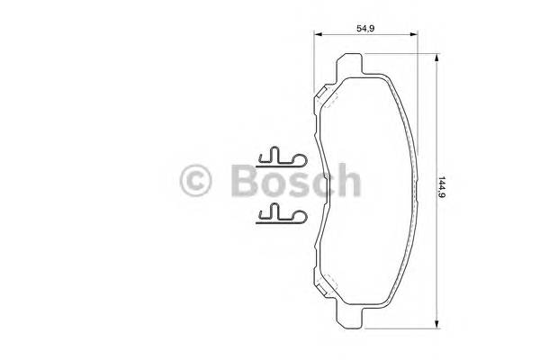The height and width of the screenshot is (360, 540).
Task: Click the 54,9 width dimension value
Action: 365,28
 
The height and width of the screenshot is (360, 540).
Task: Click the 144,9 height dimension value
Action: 442,187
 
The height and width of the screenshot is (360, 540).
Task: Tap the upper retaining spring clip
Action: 282,158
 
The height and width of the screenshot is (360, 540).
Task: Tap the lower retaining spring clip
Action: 282,214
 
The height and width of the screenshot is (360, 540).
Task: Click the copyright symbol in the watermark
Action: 195,180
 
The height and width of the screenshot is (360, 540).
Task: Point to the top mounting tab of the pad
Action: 349,66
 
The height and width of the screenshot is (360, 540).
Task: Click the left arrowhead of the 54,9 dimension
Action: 318,34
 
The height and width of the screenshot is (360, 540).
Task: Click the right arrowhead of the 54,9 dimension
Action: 414,34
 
